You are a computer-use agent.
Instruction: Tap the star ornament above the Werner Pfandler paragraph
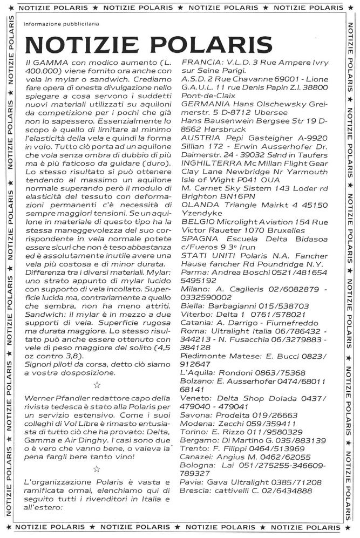point(97,385)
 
